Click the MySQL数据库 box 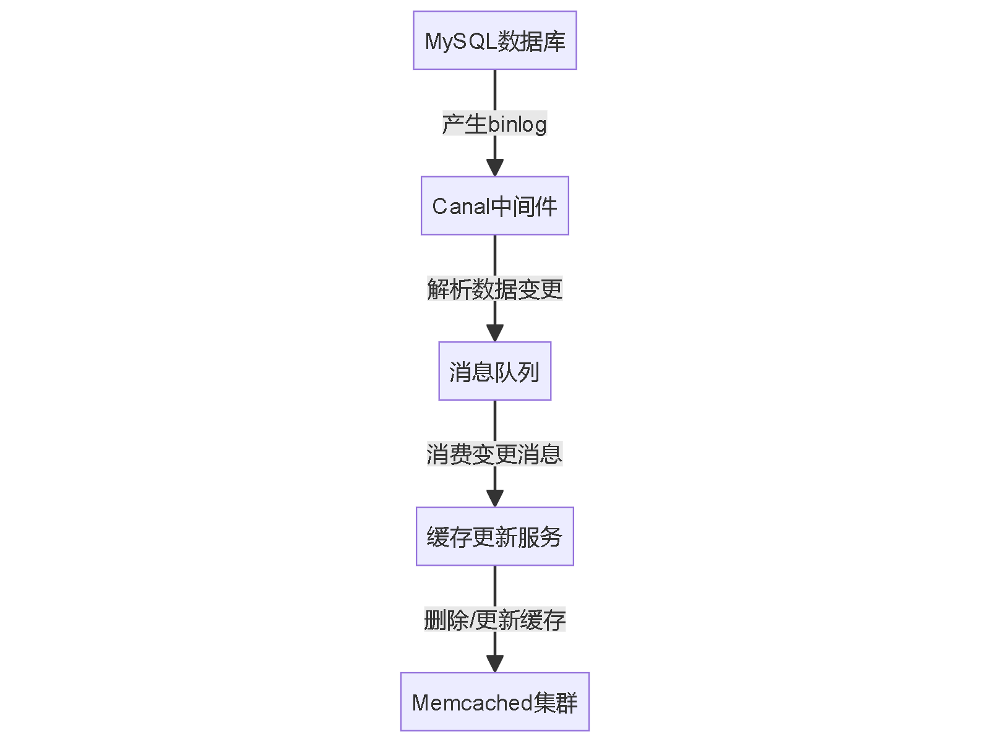494,40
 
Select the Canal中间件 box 494,206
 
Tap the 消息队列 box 494,371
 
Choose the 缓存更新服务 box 494,536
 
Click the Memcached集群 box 494,702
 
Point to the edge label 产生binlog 494,124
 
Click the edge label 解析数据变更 494,289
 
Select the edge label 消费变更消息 494,454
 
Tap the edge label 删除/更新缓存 494,620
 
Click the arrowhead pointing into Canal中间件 494,168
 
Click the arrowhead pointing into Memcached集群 494,663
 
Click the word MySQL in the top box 461,41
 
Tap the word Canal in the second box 461,207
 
